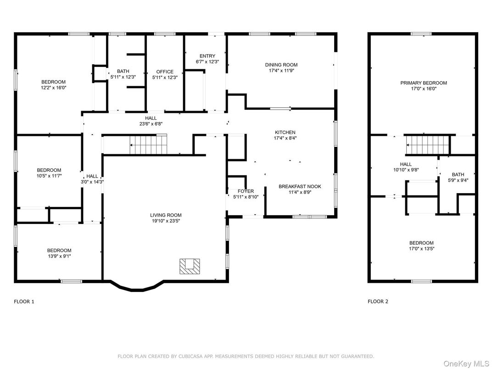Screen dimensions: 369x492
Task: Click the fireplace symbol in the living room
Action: pos(190,266)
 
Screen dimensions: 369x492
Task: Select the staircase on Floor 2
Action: pos(427,145)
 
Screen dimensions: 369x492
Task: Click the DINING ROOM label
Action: pos(281,65)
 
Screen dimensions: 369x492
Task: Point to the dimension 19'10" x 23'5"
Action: pos(166,221)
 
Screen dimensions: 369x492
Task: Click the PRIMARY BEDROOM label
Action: pos(423,83)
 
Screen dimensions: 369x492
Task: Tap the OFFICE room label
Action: pos(165,72)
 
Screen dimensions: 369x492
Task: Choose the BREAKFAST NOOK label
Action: pos(300,186)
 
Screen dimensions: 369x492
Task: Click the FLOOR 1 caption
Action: pos(24,302)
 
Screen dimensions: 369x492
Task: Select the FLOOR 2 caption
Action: pos(378,302)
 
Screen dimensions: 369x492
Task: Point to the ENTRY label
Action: pos(207,56)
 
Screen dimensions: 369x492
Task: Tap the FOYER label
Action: pos(246,191)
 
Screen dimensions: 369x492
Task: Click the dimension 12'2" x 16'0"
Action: pos(53,88)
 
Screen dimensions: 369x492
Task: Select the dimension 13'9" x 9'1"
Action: pos(59,256)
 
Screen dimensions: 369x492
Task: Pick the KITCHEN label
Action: pos(285,132)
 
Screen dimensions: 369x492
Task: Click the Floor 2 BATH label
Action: pos(458,174)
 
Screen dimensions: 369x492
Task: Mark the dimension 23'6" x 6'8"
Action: pos(151,123)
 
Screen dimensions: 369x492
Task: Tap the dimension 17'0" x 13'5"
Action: pos(421,249)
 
